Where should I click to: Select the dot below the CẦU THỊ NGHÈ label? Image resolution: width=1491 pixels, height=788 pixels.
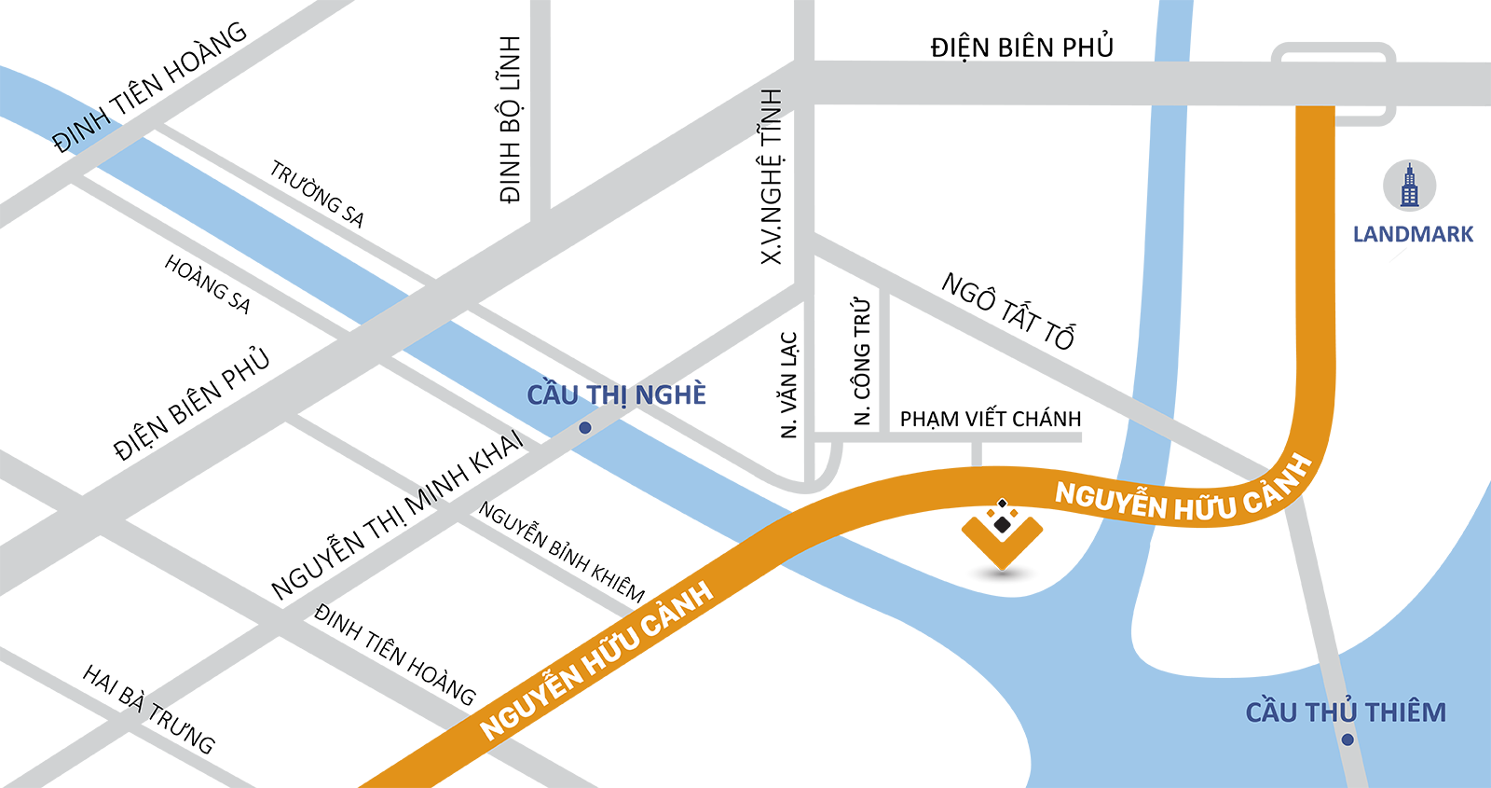(585, 428)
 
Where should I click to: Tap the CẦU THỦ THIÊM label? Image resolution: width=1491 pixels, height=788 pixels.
(1346, 712)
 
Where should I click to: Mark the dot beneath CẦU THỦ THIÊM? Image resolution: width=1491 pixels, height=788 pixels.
(1347, 740)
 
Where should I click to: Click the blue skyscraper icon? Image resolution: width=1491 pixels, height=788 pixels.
(1409, 186)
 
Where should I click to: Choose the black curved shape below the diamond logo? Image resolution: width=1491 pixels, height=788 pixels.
(1003, 572)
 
